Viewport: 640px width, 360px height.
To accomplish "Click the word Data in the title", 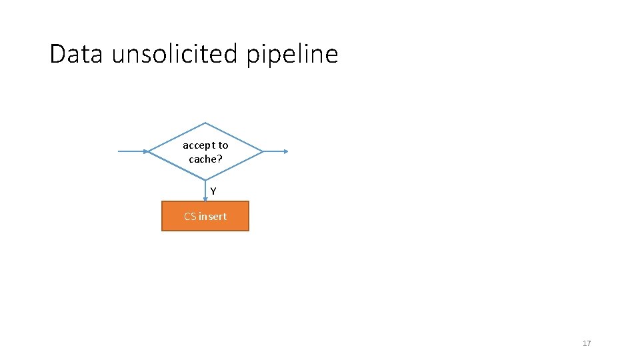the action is click(76, 54).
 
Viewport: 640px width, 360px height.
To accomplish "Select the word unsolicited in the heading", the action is click(175, 54).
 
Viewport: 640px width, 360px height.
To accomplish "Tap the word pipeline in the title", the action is click(292, 54).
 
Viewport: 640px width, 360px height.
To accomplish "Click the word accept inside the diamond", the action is click(197, 145).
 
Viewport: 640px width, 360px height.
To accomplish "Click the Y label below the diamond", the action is click(213, 191).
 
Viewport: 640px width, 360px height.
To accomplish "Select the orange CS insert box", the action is click(205, 216).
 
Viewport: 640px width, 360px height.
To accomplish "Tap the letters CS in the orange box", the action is click(190, 217).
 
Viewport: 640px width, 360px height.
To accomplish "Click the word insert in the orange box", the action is click(213, 217).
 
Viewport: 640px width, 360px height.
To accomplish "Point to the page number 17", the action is click(587, 343).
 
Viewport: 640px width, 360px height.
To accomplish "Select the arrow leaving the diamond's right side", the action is click(275, 151).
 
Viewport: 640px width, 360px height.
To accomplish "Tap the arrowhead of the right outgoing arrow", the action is click(286, 151).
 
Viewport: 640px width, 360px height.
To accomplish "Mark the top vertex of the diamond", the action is click(205, 123).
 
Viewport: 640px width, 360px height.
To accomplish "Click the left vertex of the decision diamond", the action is click(149, 151).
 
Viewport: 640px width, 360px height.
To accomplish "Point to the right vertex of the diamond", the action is click(263, 151).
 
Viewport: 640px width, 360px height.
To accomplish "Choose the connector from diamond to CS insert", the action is click(205, 191).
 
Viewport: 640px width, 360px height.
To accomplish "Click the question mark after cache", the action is click(219, 159).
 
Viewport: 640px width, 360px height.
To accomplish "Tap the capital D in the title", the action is click(57, 54).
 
